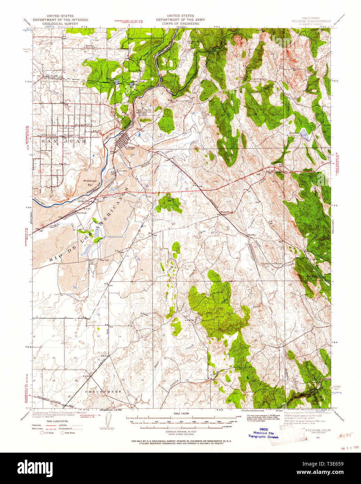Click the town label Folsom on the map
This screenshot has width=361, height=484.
pos(131,147)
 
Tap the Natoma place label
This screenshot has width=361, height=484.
pos(121,171)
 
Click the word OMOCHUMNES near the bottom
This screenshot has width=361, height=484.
pos(103,391)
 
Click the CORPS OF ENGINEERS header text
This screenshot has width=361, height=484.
pos(180,24)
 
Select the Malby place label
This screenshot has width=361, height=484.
pos(251,235)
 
